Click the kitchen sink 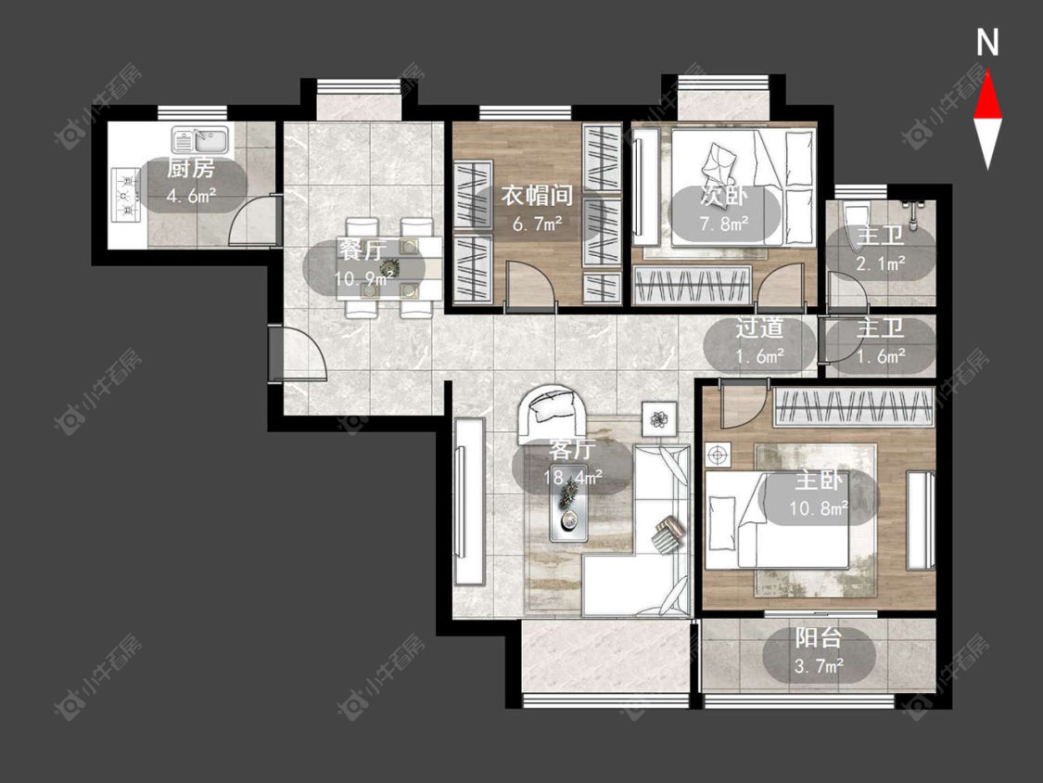point(200,140)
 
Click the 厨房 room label point(190,169)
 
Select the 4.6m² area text point(191,196)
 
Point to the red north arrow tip point(987,72)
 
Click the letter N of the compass point(987,44)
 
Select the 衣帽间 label point(537,195)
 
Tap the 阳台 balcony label point(818,638)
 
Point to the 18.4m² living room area point(573,477)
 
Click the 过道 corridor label point(759,328)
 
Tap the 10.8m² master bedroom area point(819,508)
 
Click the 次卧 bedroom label point(724,196)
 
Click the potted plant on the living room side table point(658,419)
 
